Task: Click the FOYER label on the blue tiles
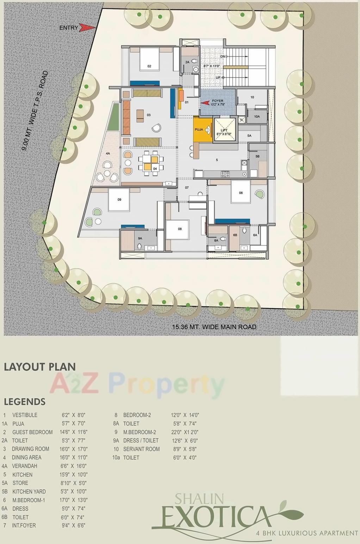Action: (218, 101)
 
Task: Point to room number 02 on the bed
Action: (149, 66)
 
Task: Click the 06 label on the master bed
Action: (241, 193)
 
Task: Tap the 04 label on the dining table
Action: (155, 169)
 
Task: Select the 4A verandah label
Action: (108, 154)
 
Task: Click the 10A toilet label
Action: (257, 117)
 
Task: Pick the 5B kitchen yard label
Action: (257, 157)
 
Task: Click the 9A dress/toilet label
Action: (140, 239)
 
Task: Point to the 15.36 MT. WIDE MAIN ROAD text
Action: (214, 327)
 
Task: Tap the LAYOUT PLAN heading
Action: (40, 367)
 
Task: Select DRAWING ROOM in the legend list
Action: (30, 449)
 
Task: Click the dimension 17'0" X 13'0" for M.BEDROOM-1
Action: (74, 500)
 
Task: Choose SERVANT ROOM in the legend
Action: (141, 449)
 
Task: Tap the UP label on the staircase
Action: (218, 78)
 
